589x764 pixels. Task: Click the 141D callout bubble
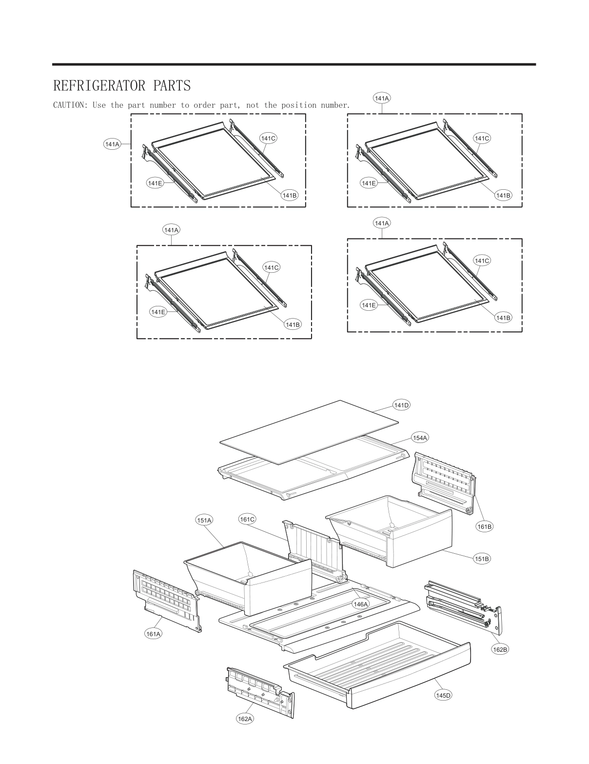[x=401, y=405]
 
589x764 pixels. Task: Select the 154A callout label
[x=420, y=438]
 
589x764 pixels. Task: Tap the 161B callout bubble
[x=484, y=526]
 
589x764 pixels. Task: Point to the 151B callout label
[x=482, y=559]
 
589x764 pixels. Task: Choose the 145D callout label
[x=443, y=695]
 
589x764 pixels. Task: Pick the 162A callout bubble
[x=245, y=719]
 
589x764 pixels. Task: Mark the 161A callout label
[x=154, y=634]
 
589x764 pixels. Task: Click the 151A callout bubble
[x=204, y=520]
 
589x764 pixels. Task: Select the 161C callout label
[x=247, y=519]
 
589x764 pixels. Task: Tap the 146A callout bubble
[x=361, y=603]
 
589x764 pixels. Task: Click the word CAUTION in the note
[x=70, y=105]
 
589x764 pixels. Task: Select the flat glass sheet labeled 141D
[x=309, y=432]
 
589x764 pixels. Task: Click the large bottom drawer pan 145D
[x=380, y=663]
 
